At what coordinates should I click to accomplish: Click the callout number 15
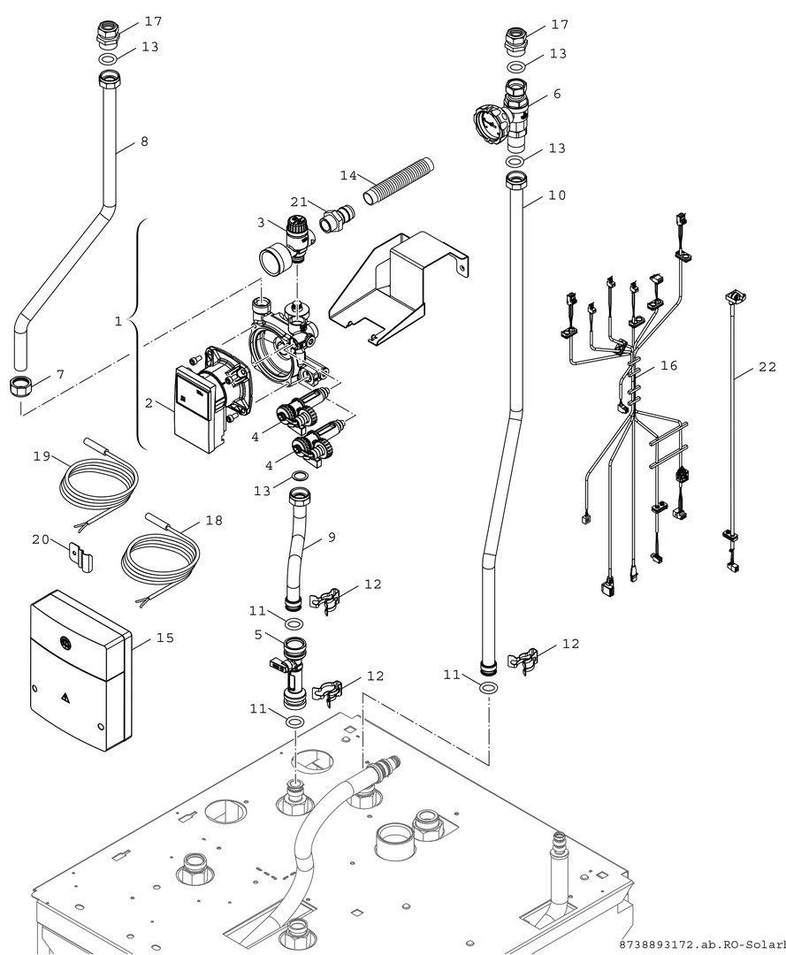164,637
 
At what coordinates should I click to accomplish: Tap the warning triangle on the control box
65,697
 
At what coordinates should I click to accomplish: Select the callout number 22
767,367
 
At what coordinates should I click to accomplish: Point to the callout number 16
668,365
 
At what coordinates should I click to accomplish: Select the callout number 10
557,195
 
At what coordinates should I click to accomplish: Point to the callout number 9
331,536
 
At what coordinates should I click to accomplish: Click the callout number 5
257,634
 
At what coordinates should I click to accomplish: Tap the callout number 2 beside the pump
149,403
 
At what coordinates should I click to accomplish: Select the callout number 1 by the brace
118,322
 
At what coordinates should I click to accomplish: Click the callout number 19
41,456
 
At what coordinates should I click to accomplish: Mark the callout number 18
213,521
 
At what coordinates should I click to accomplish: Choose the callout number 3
261,221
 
